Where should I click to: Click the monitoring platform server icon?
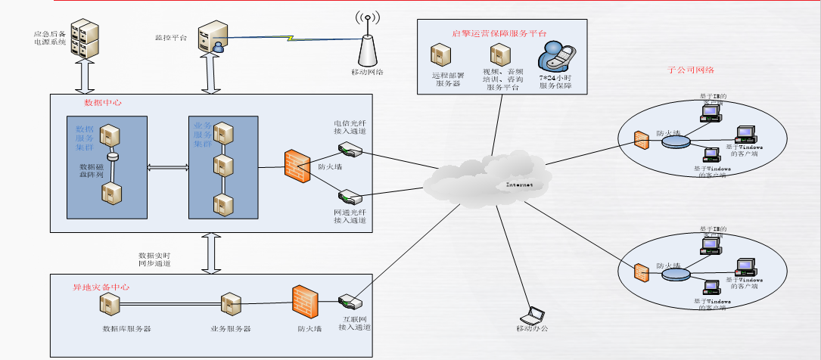click(211, 39)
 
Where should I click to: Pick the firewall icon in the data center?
click(297, 165)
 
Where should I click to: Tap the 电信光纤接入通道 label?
click(350, 126)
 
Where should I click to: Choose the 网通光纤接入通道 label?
click(350, 216)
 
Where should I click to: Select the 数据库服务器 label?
click(127, 329)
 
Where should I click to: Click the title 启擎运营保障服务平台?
click(499, 33)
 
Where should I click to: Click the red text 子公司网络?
click(692, 70)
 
